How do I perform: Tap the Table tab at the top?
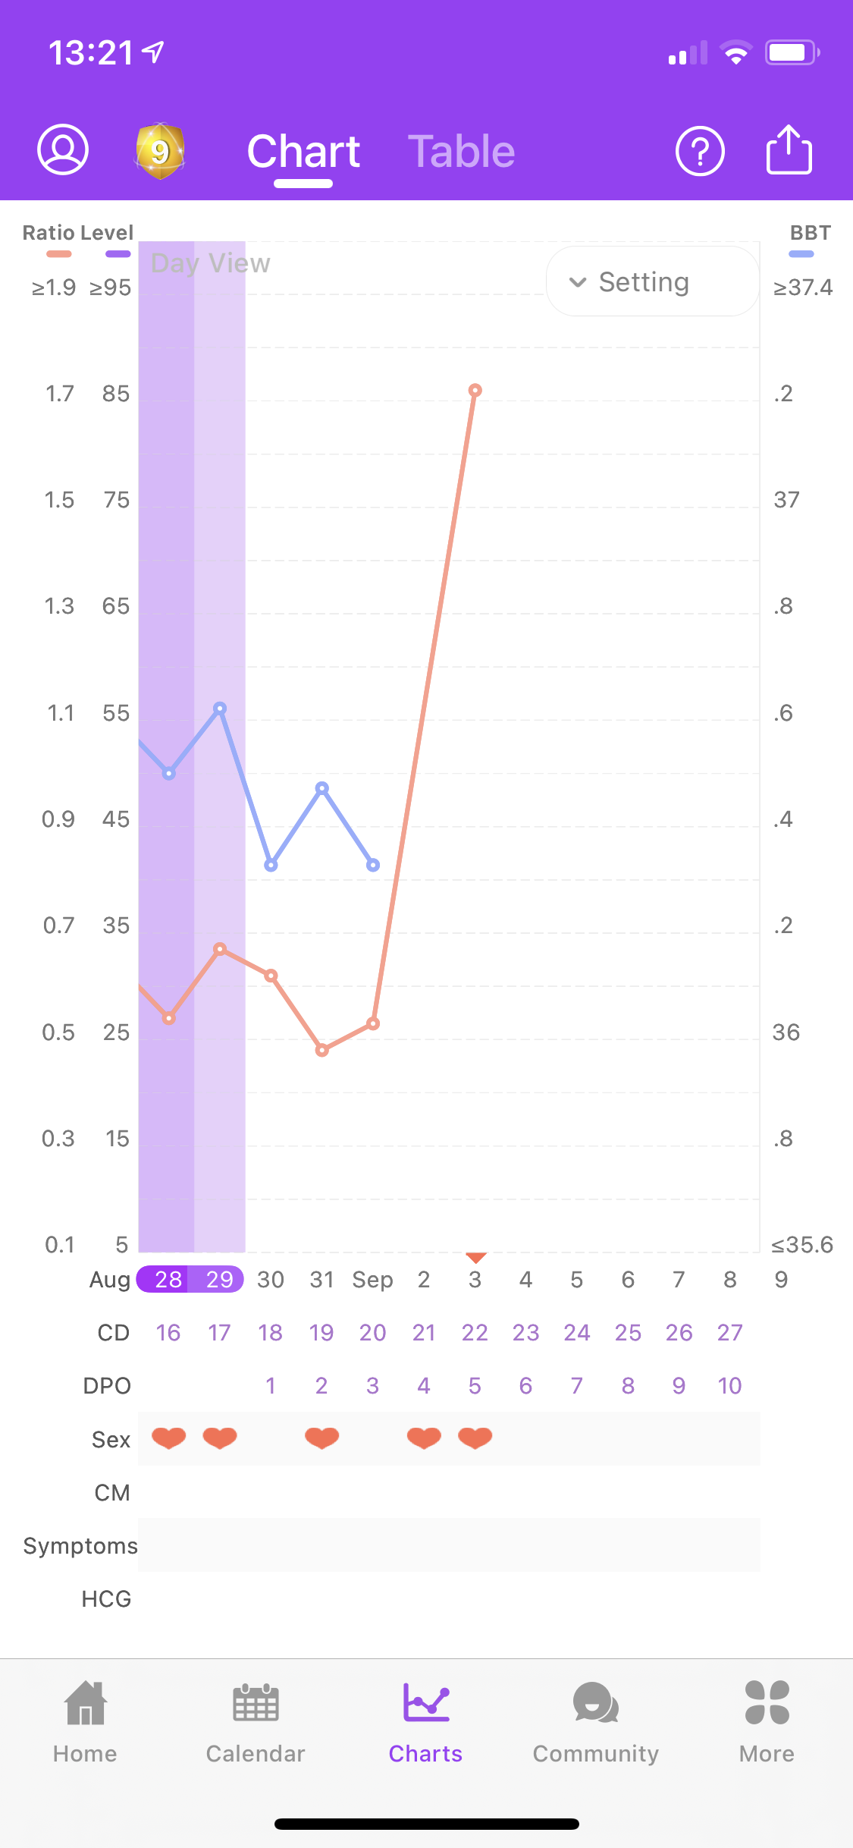click(461, 152)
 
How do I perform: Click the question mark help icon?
click(699, 151)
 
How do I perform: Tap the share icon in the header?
click(789, 149)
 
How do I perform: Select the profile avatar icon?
click(63, 149)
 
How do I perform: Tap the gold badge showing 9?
click(159, 151)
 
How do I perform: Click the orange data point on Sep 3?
click(475, 391)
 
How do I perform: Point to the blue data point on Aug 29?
click(220, 709)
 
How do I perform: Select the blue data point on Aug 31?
click(322, 788)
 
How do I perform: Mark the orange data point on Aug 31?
click(322, 1051)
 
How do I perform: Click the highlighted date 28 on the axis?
click(168, 1280)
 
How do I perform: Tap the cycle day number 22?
click(475, 1333)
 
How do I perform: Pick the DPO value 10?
click(729, 1386)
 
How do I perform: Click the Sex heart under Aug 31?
click(322, 1438)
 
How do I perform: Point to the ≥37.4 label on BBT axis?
click(803, 288)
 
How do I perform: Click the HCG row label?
click(107, 1599)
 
